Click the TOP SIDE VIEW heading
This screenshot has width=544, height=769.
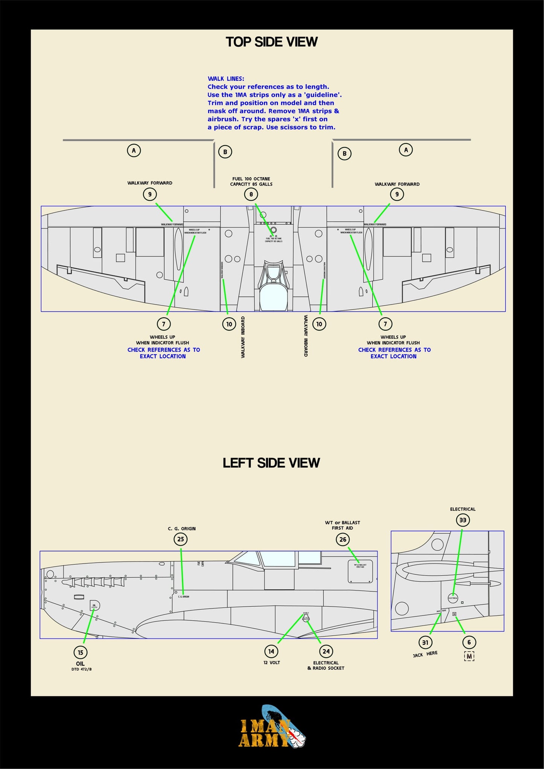[271, 42]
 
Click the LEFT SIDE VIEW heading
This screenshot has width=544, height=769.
[271, 463]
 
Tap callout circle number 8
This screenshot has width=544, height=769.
[251, 194]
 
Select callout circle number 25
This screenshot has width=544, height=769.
[181, 539]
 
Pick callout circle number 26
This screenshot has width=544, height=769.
[343, 539]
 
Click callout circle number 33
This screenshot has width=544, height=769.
[463, 520]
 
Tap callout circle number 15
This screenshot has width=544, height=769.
[81, 652]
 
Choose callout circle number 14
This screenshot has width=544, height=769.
[271, 651]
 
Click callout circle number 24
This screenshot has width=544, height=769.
[326, 651]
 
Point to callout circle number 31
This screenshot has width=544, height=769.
[425, 643]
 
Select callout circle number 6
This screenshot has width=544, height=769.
[469, 642]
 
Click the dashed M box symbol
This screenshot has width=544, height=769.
[469, 656]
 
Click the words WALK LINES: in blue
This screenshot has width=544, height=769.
[226, 79]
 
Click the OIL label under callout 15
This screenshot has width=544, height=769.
[80, 664]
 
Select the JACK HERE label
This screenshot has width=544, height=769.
[425, 654]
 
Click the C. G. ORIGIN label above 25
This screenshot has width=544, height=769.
[181, 528]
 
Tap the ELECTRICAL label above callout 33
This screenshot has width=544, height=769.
[463, 509]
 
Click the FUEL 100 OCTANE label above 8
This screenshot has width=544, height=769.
[251, 179]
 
